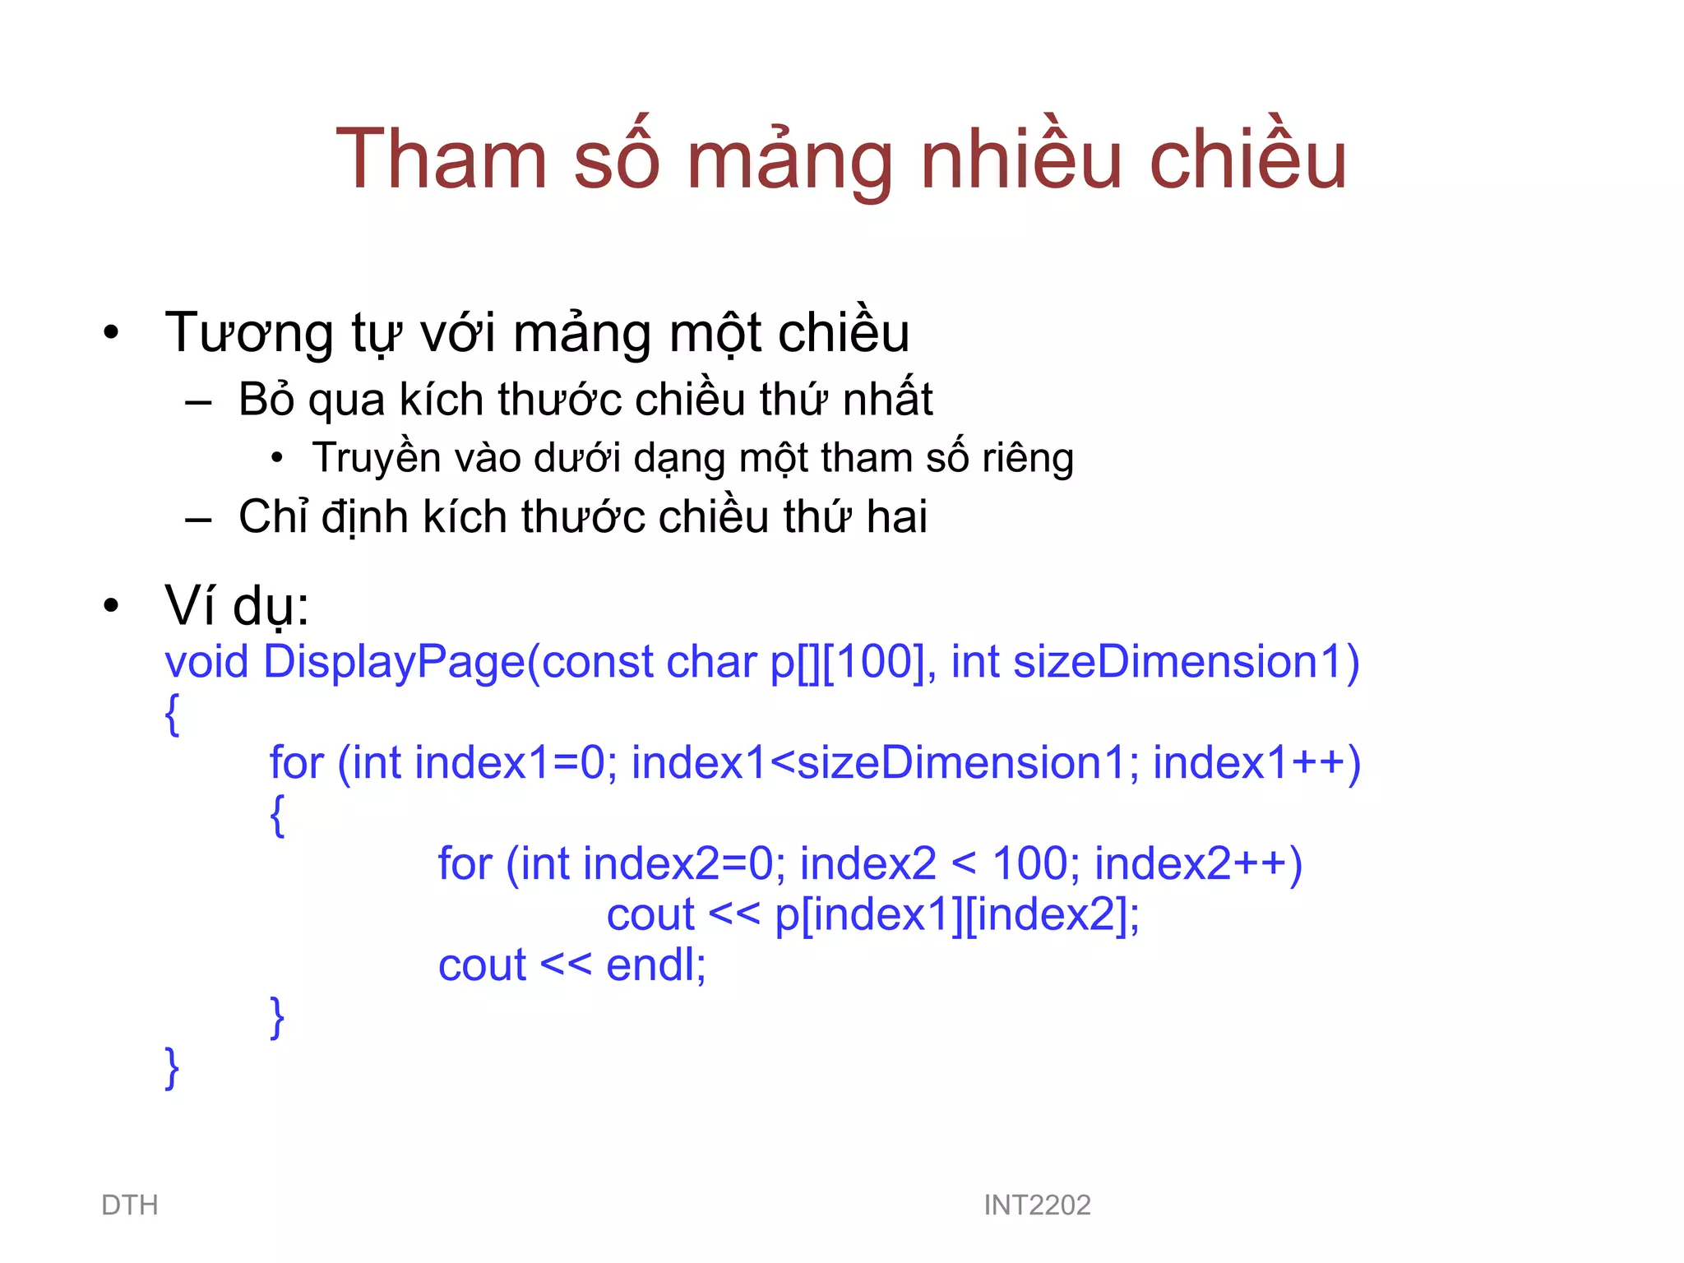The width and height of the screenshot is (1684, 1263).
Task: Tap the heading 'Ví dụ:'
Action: pyautogui.click(x=237, y=606)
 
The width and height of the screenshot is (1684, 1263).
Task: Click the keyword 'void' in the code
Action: pyautogui.click(x=206, y=662)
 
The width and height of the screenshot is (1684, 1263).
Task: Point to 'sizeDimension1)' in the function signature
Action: pyautogui.click(x=1187, y=662)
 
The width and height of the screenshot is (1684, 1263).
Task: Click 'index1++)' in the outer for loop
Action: pyautogui.click(x=1256, y=763)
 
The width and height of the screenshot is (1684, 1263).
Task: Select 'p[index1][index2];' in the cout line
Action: pyautogui.click(x=957, y=914)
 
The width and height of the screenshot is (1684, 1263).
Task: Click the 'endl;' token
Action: pyautogui.click(x=655, y=965)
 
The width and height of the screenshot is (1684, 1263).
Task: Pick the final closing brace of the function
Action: pyautogui.click(x=172, y=1067)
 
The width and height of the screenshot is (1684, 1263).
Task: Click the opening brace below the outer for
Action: pyautogui.click(x=277, y=814)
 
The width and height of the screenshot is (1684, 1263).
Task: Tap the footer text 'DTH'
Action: pyautogui.click(x=130, y=1205)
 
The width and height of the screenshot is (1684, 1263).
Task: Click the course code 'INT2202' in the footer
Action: pyautogui.click(x=1037, y=1205)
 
